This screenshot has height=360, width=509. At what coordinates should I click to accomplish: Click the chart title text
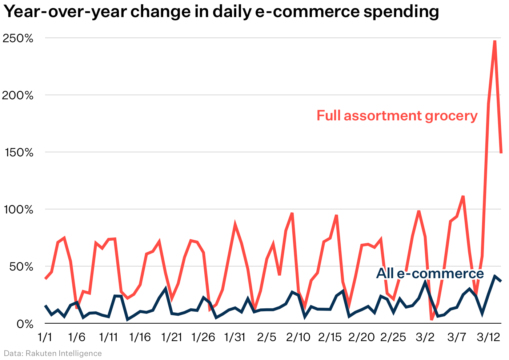pos(221,12)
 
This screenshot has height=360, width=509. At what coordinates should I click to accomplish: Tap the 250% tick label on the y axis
pos(18,38)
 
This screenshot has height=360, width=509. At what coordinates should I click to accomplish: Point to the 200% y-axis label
pos(18,96)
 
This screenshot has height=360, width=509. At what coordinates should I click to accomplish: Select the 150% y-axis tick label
pos(19,153)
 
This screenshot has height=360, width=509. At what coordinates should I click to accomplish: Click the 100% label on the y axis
pos(19,210)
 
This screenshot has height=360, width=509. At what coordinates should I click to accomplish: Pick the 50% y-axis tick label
pos(21,267)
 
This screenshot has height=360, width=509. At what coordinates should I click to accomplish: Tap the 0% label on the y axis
pos(25,324)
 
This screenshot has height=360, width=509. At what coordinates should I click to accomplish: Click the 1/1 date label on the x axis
pos(45,337)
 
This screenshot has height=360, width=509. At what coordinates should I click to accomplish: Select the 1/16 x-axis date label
pos(140,337)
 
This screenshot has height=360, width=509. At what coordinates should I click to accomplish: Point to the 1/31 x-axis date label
pos(235,337)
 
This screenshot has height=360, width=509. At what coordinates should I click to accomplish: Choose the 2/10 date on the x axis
pos(298,337)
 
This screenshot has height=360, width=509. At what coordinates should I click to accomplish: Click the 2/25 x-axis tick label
pos(393,337)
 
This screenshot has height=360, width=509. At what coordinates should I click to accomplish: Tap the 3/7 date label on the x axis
pos(457,337)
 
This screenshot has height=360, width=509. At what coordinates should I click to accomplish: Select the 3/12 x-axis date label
pos(488,337)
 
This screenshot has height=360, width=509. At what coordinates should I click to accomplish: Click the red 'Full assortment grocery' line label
pos(397,116)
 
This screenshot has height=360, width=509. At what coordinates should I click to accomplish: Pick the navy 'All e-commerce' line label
pos(430,273)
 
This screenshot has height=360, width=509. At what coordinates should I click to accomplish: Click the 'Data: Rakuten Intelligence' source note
pos(53,353)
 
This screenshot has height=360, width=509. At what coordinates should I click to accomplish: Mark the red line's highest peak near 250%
pos(495,41)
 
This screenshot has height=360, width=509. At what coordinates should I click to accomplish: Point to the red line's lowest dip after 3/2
pos(432,319)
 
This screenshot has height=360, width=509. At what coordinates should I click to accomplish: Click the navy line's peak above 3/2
pos(425,282)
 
